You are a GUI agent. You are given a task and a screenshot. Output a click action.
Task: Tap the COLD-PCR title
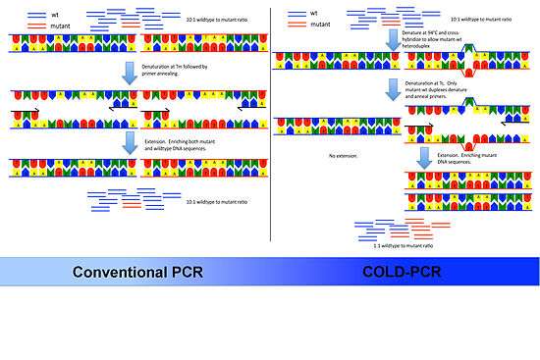coord(406,272)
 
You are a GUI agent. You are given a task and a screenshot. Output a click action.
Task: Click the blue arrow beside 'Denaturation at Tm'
coord(130,72)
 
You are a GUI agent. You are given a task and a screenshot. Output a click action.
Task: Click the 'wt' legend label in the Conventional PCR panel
coord(37,13)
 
